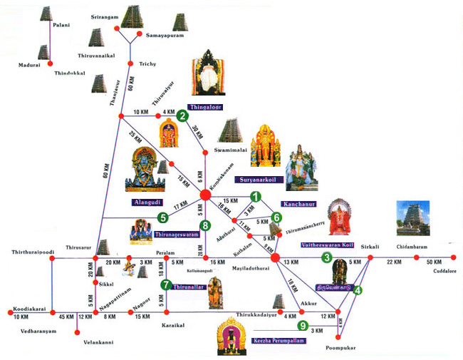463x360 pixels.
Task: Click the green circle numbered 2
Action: pos(182,116)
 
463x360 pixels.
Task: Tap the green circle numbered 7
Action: pos(166,285)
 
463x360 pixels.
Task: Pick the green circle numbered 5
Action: pos(162,218)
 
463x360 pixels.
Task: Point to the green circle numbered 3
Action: pos(327,257)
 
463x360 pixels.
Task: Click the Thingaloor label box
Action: pos(205,107)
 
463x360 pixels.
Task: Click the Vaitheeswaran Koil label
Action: pos(327,245)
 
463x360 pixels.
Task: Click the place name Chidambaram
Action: pos(411,244)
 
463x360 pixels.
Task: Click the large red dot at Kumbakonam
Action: pos(205,195)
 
